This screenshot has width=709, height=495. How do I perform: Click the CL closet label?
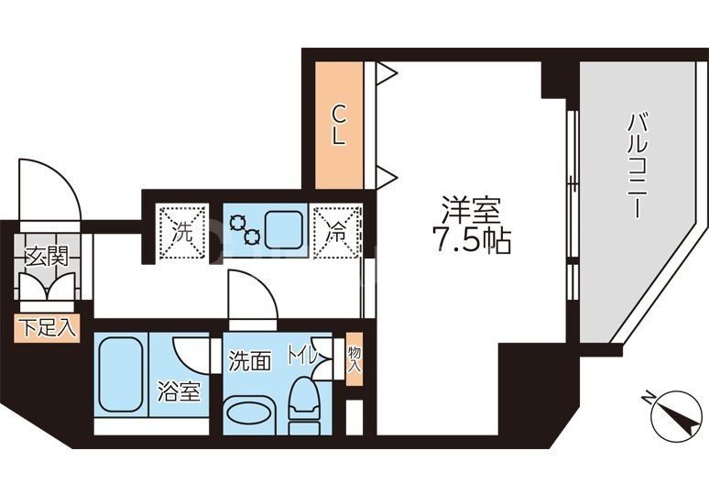click(x=338, y=126)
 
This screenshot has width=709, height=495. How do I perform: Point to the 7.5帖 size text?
click(x=470, y=241)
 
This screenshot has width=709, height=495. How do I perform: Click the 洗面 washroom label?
click(x=250, y=360)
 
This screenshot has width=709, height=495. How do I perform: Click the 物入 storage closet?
click(x=354, y=357)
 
